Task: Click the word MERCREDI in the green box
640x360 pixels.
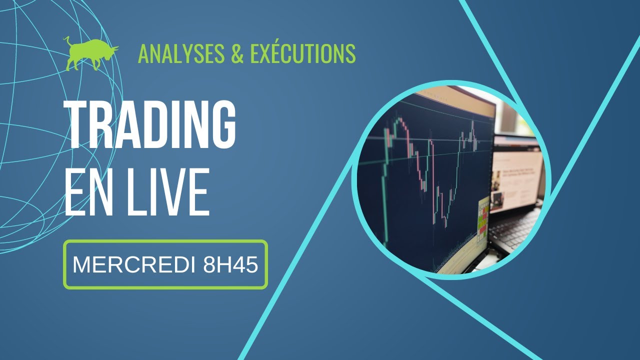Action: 134,265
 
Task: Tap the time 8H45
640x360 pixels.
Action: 230,265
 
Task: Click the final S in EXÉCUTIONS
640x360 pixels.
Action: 350,53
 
